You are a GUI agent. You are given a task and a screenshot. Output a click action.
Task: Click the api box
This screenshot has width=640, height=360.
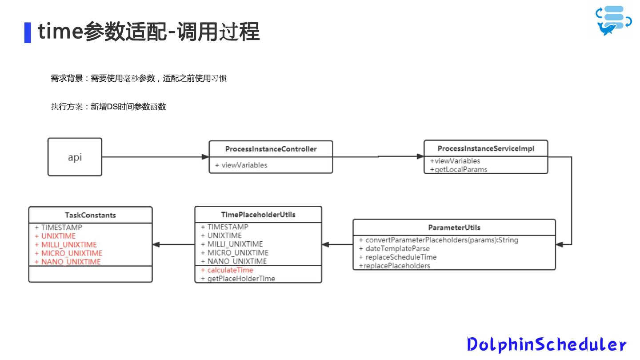[75, 157]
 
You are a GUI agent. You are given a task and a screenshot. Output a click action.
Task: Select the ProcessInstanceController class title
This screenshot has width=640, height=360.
[271, 149]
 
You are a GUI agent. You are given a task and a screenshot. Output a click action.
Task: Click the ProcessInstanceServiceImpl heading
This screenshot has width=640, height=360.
[486, 148]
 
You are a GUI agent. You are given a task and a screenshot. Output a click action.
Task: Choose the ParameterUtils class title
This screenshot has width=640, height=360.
[454, 228]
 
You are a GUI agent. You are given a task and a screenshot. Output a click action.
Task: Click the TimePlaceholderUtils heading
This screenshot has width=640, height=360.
[258, 215]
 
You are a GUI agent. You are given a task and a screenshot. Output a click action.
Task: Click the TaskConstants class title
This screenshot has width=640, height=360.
[90, 215]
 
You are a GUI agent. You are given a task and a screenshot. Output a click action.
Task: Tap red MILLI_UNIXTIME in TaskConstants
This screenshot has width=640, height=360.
[69, 244]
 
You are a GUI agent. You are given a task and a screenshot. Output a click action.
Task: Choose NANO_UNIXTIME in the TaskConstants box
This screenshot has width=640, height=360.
[71, 262]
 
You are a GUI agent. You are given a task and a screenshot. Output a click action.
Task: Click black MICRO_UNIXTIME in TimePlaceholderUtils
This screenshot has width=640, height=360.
[238, 253]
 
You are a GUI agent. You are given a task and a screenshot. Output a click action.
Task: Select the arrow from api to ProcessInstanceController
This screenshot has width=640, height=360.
[155, 157]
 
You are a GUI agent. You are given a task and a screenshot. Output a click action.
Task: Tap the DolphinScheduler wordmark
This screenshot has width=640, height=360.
[546, 344]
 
